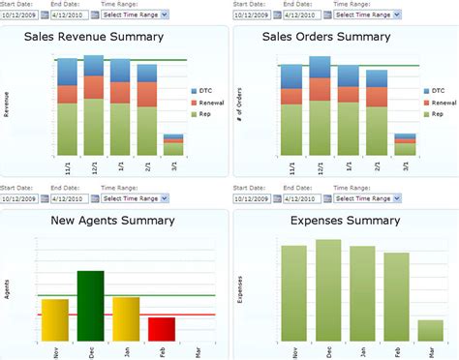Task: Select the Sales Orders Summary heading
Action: click(x=340, y=37)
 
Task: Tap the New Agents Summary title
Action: click(x=115, y=221)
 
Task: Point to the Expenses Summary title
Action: click(x=345, y=221)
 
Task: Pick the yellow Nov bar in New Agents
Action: click(x=56, y=320)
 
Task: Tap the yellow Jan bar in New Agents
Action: click(x=126, y=318)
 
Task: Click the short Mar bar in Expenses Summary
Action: click(x=430, y=330)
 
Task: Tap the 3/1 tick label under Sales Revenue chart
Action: click(x=173, y=165)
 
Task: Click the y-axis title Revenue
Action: click(x=7, y=105)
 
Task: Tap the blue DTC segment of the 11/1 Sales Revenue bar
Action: click(x=67, y=72)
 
